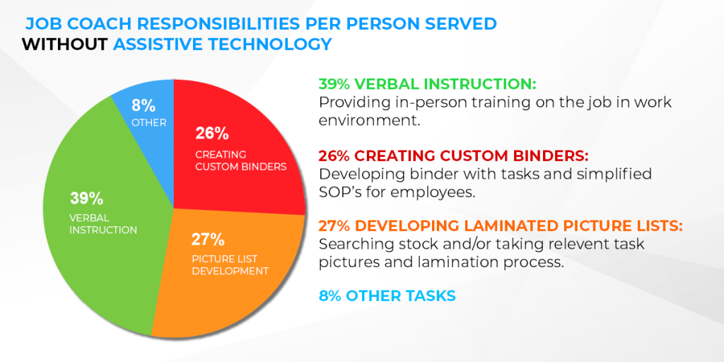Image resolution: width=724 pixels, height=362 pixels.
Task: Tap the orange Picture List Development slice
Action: (231, 272)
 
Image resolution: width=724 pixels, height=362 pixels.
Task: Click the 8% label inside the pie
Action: (143, 105)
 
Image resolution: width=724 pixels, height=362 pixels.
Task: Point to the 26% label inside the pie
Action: (212, 134)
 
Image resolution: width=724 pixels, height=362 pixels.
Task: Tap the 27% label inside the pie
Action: (208, 240)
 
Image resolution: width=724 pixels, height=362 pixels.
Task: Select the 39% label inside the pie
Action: (86, 198)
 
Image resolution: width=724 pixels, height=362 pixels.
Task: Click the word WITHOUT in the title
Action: (64, 44)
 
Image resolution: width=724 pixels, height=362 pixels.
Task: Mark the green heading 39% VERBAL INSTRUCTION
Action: (427, 85)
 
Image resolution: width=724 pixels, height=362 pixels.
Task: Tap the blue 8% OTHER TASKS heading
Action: (387, 296)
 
